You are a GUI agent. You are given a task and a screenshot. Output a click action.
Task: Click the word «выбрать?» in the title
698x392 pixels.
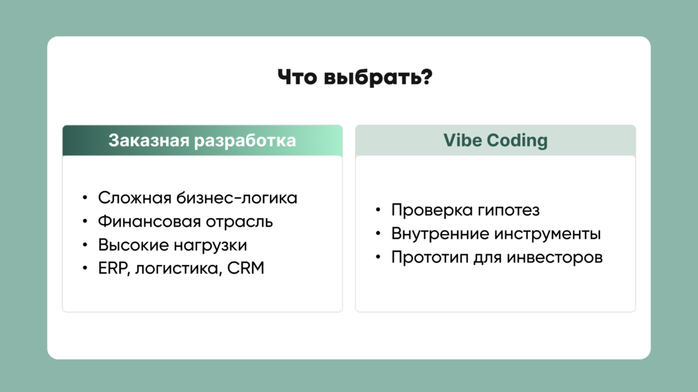[378, 77]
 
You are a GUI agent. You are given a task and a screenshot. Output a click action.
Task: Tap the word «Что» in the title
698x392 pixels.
[297, 77]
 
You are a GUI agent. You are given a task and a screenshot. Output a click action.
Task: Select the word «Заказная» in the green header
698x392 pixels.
[149, 140]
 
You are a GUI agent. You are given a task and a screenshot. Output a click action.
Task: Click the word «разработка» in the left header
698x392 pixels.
[245, 141]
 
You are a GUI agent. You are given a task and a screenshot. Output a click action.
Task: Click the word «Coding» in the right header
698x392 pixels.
[517, 141]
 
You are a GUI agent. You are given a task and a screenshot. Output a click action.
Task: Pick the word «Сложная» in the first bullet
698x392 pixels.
[135, 198]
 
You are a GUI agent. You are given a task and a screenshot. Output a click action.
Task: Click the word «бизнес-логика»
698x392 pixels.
[237, 198]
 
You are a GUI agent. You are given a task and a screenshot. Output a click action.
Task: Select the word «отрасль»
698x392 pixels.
[240, 222]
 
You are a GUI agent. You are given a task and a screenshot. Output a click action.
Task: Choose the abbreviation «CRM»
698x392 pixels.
[245, 268]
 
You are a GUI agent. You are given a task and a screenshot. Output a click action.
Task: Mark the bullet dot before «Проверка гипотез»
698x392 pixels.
[378, 209]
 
